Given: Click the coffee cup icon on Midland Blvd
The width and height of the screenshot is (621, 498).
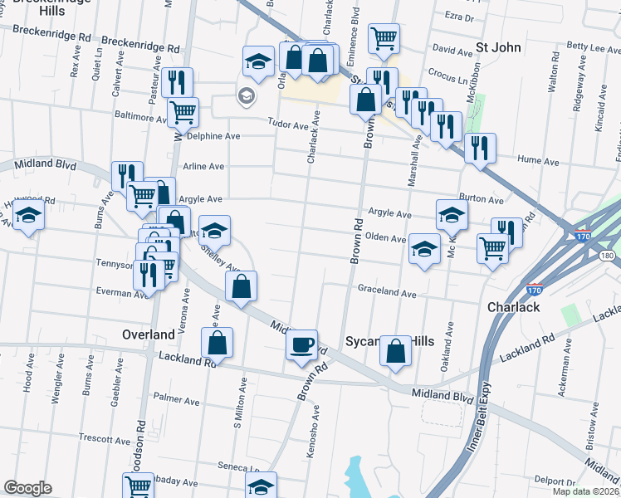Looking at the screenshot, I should (301, 343).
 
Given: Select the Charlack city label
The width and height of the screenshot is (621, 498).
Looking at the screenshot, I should (516, 307).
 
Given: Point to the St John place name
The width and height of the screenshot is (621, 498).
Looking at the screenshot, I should (498, 47).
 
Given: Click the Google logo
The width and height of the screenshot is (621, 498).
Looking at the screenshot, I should (27, 487).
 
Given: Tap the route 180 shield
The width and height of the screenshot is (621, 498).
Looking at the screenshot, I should (608, 255).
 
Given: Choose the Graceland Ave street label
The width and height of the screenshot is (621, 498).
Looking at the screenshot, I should (386, 293).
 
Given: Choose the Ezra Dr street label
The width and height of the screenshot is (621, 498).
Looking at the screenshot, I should (458, 17).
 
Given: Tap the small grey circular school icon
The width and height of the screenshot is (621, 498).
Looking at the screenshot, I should (246, 97).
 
